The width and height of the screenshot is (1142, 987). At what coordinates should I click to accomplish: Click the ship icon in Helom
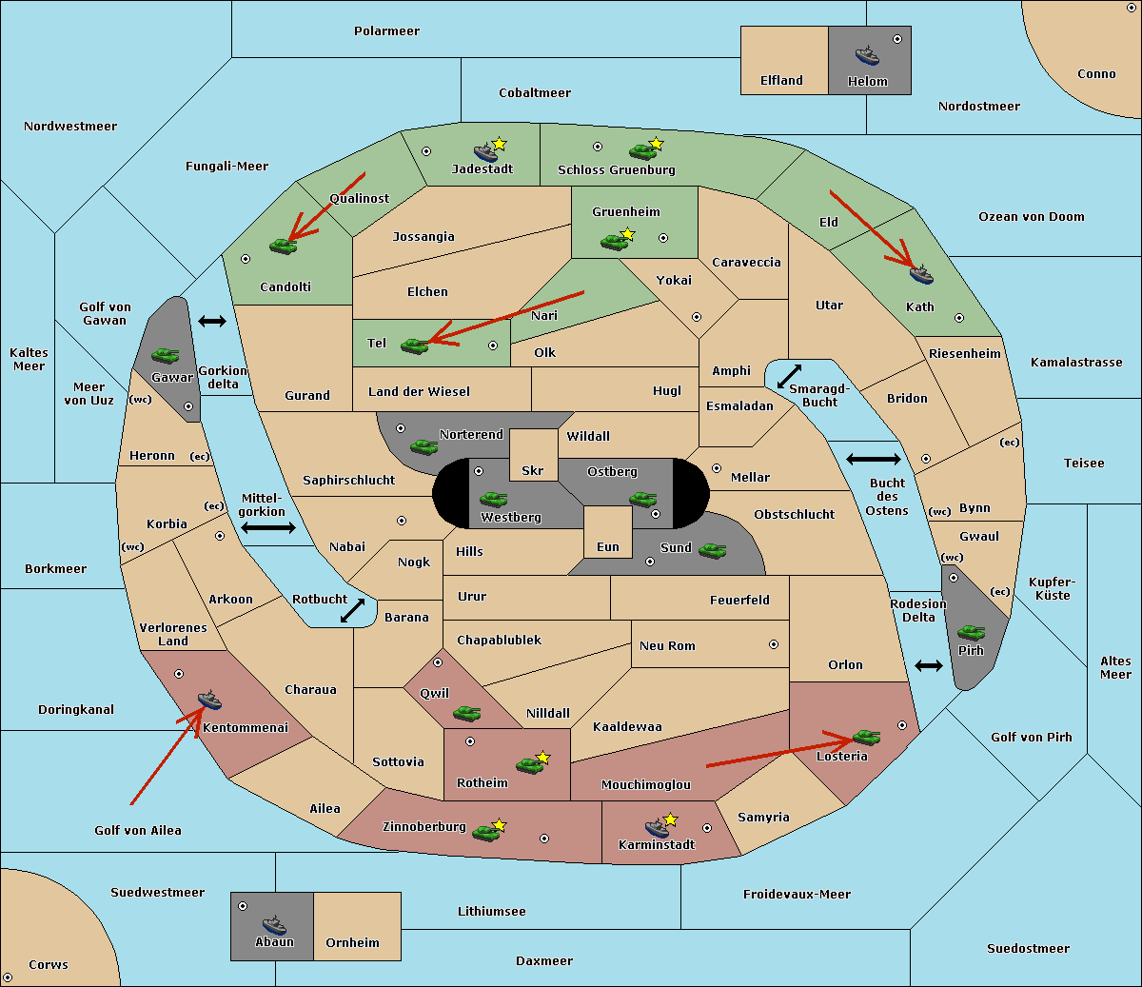867,55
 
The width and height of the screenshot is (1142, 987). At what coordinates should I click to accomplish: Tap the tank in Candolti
283,246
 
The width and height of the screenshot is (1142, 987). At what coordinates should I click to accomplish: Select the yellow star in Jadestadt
499,144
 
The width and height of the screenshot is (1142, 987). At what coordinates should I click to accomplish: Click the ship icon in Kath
921,275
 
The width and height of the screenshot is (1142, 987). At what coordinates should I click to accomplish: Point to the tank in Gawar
166,355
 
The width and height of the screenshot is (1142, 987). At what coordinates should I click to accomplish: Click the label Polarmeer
386,31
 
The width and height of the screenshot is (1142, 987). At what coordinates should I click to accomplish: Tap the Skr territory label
533,470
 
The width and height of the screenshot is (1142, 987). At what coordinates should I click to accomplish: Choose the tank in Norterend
423,446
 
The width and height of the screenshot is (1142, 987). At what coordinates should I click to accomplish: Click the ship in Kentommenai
209,700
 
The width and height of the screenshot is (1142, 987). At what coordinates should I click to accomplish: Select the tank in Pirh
971,632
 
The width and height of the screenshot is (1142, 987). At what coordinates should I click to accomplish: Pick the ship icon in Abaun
274,924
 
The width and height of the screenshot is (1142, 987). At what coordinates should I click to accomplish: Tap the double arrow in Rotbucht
352,610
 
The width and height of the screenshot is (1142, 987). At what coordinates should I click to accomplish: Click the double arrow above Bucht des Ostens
874,459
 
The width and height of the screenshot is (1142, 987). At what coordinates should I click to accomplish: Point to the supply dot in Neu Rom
774,644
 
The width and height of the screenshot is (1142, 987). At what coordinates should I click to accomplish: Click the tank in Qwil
467,713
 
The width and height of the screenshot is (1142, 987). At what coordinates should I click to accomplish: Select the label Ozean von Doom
1032,217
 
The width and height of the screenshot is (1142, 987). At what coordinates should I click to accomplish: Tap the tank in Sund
712,550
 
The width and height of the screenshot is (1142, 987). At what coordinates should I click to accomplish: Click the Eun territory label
608,546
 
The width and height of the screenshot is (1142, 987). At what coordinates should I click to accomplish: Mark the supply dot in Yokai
697,317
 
